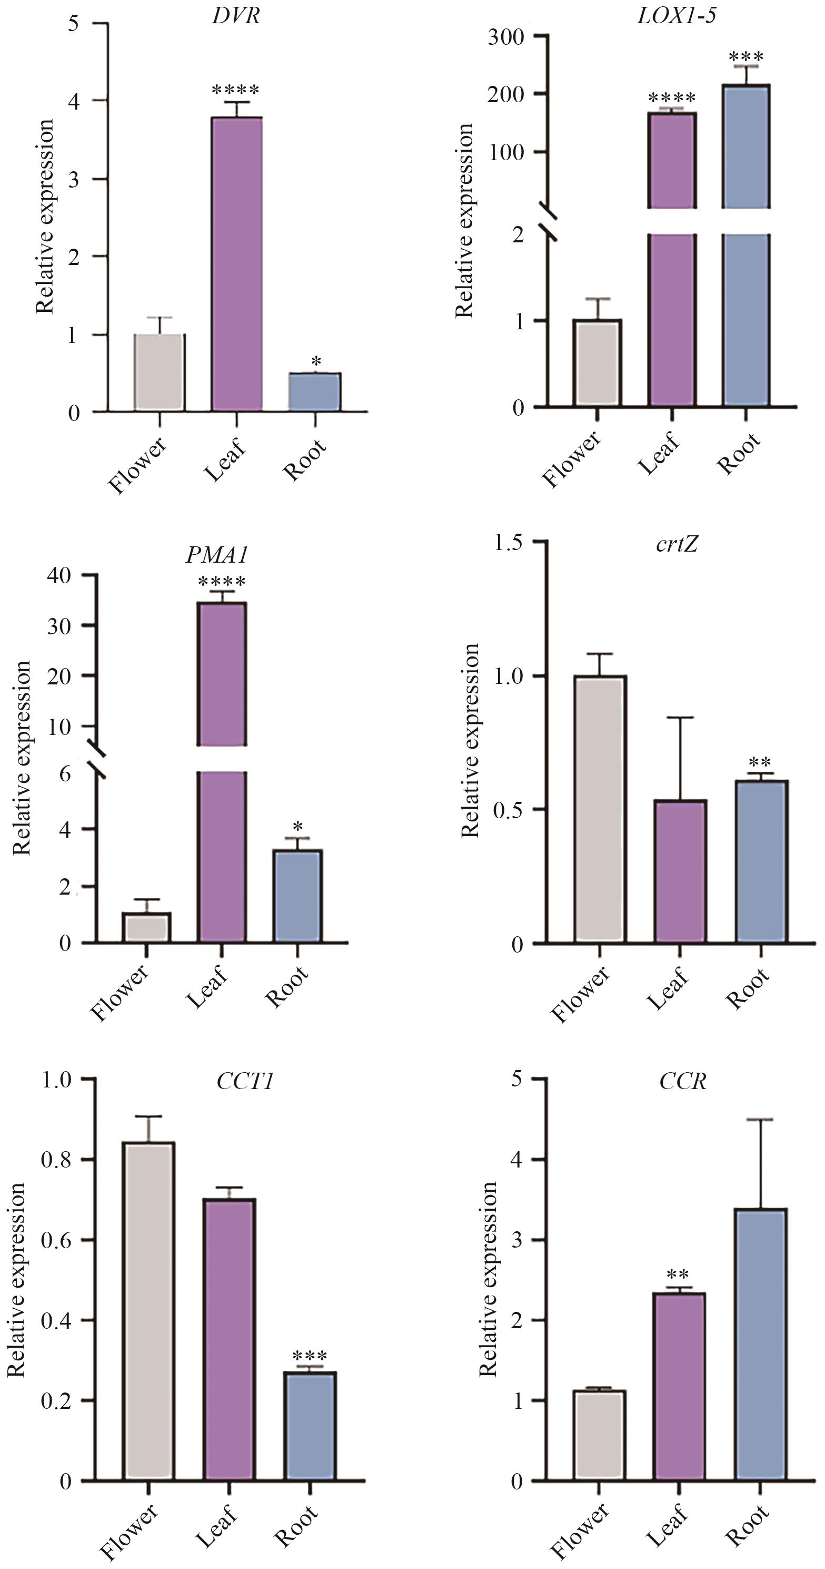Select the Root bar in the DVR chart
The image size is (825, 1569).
[x=314, y=391]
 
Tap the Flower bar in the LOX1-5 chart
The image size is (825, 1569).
[x=597, y=362]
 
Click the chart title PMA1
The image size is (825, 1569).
[x=217, y=555]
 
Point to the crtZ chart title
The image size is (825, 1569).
[x=677, y=543]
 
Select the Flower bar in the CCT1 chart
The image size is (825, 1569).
[x=148, y=1311]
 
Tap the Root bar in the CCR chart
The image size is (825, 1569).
[x=761, y=1344]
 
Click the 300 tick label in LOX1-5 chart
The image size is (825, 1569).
[x=506, y=37]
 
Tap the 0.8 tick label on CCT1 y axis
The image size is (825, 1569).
[x=56, y=1159]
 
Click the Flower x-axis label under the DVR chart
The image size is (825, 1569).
[x=137, y=465]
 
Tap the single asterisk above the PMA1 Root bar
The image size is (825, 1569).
[x=298, y=827]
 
